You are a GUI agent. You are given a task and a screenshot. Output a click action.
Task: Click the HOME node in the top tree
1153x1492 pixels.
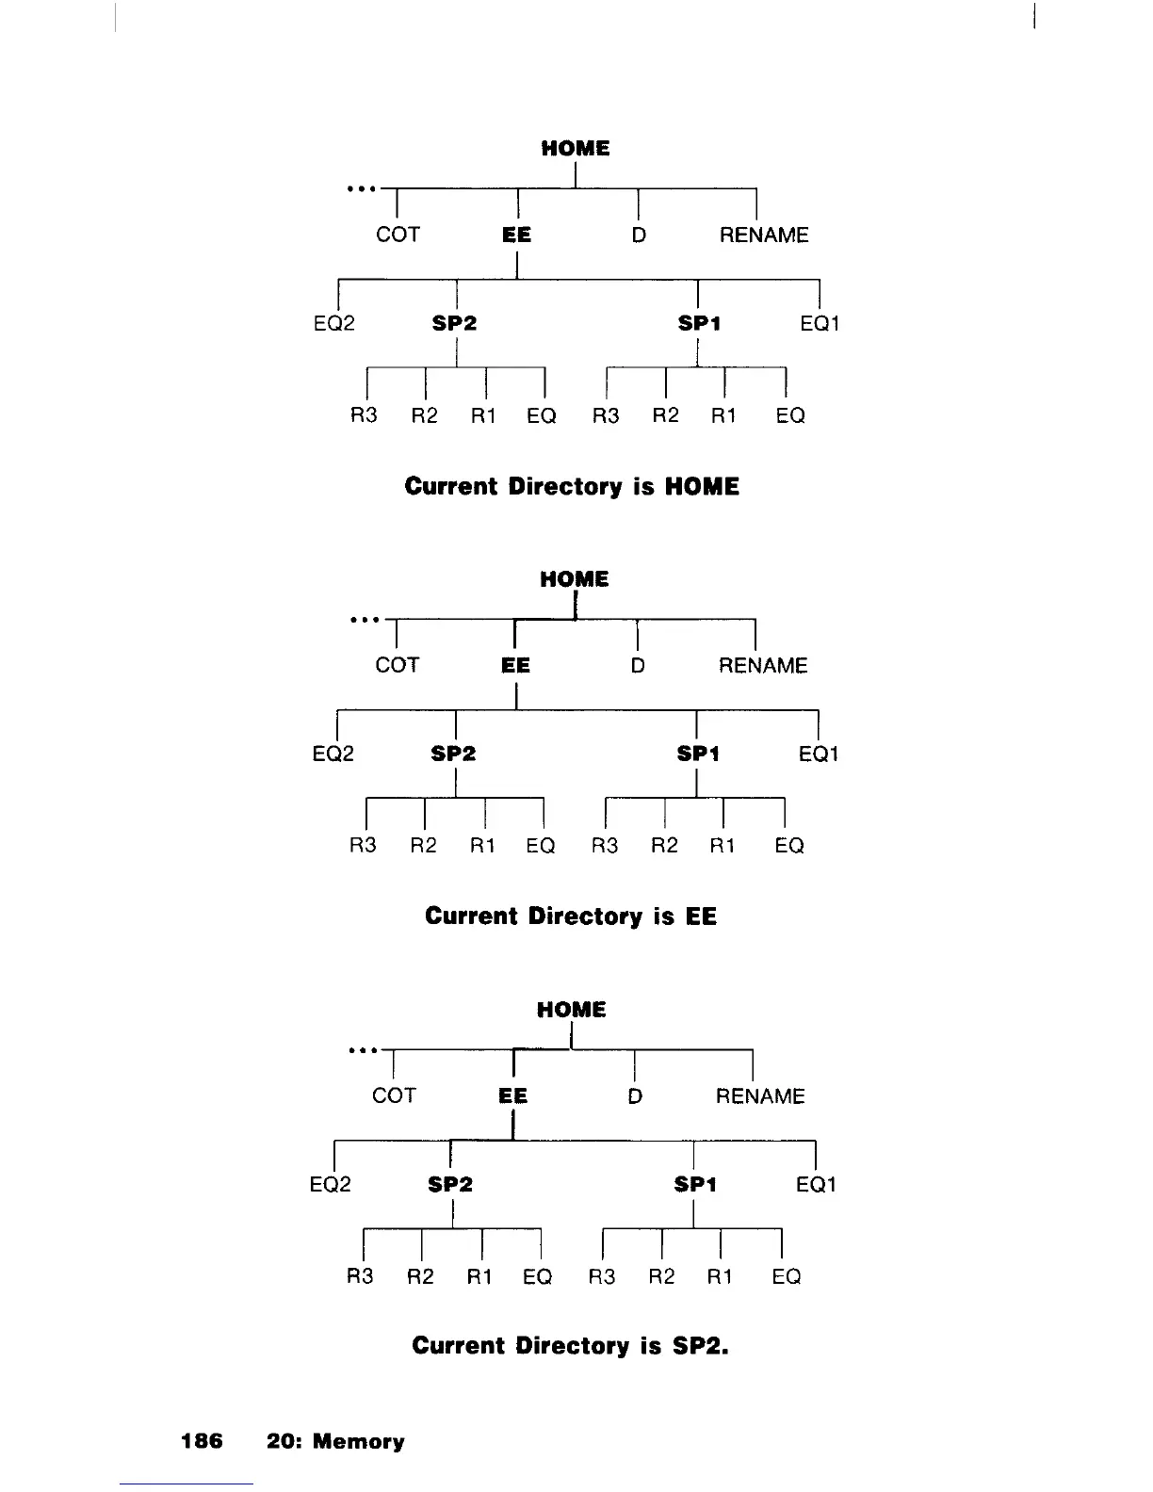[x=575, y=149]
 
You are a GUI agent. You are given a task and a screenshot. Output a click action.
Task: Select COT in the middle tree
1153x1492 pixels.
[x=397, y=665]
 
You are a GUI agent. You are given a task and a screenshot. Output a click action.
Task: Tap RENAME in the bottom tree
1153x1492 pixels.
[x=760, y=1096]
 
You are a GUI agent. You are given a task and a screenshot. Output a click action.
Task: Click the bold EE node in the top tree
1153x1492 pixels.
[x=516, y=235]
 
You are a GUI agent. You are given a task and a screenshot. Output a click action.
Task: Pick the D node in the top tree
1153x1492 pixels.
[x=639, y=235]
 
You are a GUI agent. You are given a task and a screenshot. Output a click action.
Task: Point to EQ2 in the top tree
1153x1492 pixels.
[x=333, y=324]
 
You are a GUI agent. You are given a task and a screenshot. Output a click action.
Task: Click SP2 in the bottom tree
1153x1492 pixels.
[x=450, y=1185]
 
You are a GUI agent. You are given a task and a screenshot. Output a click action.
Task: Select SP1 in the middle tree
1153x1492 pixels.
[x=698, y=754]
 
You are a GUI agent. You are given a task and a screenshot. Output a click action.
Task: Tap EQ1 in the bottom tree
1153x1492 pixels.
[x=816, y=1185]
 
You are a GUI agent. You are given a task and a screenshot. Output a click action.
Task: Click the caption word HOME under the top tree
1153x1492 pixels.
[x=702, y=487]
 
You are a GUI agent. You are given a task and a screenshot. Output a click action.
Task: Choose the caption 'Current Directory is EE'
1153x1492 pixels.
[x=571, y=916]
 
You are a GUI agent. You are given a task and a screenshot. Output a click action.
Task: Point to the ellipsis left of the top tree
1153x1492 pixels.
[x=362, y=188]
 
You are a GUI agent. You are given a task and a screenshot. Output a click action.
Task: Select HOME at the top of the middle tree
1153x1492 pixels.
[x=574, y=579]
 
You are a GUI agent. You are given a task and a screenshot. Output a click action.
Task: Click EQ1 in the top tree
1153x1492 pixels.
[x=819, y=324]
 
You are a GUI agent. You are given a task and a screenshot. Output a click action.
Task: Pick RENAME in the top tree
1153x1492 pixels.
[x=763, y=235]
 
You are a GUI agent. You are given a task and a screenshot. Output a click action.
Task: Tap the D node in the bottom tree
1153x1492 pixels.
[x=635, y=1096]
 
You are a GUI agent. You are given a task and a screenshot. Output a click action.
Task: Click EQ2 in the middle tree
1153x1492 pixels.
[x=333, y=754]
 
